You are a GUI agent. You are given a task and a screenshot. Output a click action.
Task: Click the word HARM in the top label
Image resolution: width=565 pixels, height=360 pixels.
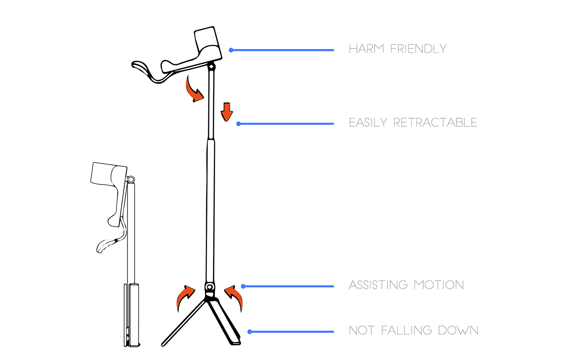pyautogui.click(x=367, y=49)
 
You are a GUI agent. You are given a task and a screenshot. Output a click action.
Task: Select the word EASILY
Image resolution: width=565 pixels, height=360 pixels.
pyautogui.click(x=368, y=123)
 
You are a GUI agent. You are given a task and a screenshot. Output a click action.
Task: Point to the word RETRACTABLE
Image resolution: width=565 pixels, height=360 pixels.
pyautogui.click(x=435, y=123)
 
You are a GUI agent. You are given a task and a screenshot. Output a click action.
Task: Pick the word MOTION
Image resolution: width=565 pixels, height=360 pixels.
pyautogui.click(x=439, y=285)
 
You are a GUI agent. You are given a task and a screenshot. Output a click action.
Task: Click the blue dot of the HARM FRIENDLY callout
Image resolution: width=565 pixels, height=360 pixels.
pyautogui.click(x=231, y=50)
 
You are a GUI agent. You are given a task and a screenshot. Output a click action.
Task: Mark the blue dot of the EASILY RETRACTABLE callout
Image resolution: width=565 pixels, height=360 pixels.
pyautogui.click(x=239, y=123)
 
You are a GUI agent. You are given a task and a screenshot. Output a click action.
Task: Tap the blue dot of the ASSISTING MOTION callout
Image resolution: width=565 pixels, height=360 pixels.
pyautogui.click(x=243, y=286)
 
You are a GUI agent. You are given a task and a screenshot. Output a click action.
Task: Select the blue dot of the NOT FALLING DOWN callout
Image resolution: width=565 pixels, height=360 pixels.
pyautogui.click(x=250, y=331)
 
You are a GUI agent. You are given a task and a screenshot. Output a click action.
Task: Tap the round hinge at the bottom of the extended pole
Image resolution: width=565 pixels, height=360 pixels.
pyautogui.click(x=209, y=287)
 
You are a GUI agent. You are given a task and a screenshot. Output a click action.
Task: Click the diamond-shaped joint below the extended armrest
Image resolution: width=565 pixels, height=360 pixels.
pyautogui.click(x=211, y=67)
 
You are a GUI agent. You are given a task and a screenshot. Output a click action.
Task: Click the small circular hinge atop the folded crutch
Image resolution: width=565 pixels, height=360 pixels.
pyautogui.click(x=131, y=180)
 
